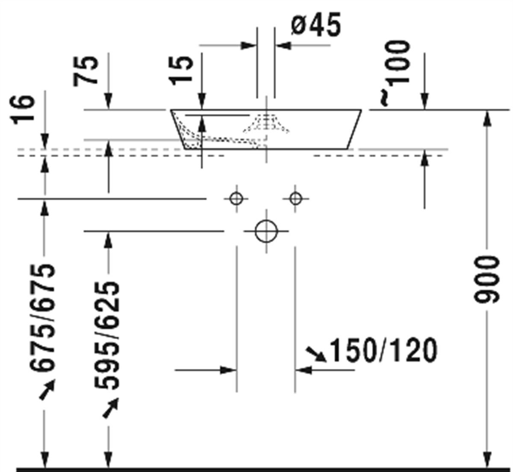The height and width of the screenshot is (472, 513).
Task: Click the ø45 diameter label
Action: [x=316, y=25]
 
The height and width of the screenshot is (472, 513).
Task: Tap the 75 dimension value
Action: [x=85, y=71]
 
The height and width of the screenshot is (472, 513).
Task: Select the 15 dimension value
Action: [x=181, y=70]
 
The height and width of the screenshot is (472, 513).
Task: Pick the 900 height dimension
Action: [x=486, y=280]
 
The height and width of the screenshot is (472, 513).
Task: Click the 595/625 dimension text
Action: [x=107, y=335]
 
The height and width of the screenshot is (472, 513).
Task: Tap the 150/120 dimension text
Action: [x=383, y=350]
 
